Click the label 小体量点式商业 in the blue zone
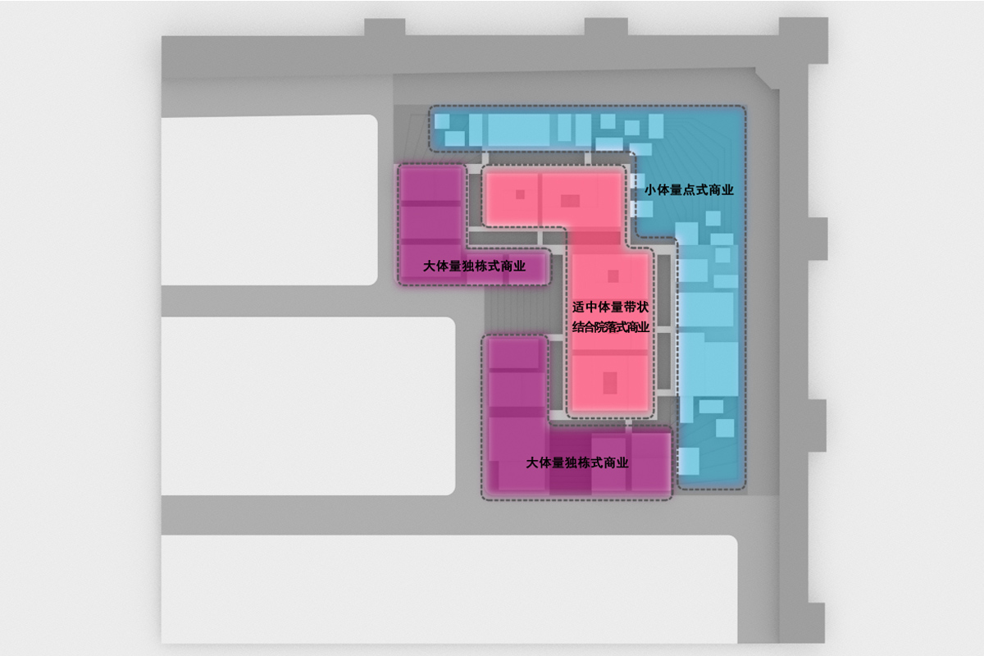point(689,190)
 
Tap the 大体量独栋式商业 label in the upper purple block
point(474,266)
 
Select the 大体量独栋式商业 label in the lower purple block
point(577,462)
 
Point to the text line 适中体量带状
point(610,307)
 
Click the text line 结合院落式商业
point(611,327)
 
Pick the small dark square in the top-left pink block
point(520,194)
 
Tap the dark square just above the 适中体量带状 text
point(613,276)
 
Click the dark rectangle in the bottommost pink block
point(610,383)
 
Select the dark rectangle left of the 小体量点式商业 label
point(570,201)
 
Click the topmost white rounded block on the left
point(269,200)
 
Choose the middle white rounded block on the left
point(308,406)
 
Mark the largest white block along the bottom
point(449,589)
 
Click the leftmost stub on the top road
point(385,27)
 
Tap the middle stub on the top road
point(606,27)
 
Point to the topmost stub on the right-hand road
point(818,238)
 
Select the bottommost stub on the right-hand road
point(816,623)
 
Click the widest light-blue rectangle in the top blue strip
point(519,130)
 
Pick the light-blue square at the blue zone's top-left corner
point(442,121)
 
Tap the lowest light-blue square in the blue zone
point(689,461)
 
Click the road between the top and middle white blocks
point(308,302)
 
